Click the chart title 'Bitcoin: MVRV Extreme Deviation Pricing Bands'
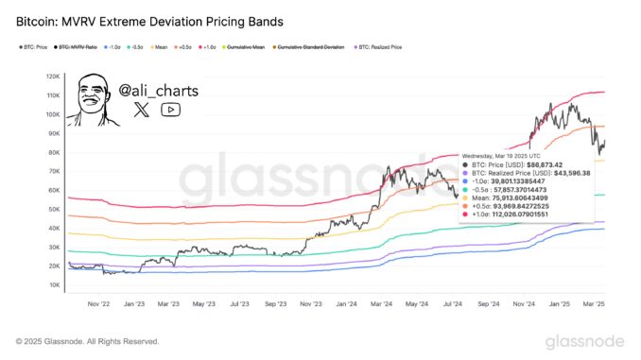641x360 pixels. point(142,19)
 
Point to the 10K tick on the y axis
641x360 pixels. point(54,284)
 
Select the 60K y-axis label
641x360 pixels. point(54,190)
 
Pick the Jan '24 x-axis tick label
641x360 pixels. point(345,304)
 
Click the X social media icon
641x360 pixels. point(141,110)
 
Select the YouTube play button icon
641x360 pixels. point(170,110)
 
